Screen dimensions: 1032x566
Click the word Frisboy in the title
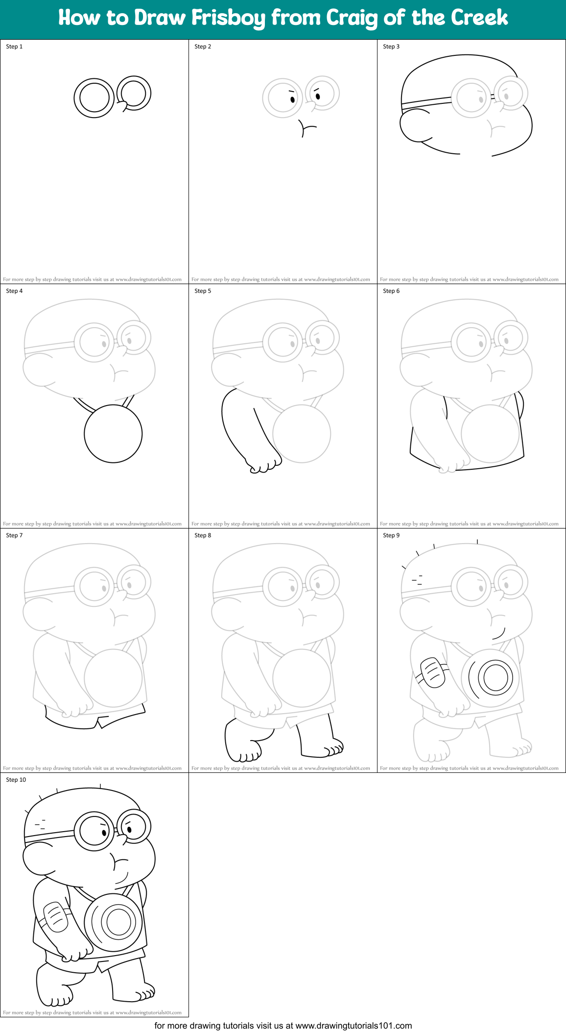tap(228, 18)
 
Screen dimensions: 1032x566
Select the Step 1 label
tap(14, 47)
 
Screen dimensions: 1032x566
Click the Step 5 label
tap(203, 291)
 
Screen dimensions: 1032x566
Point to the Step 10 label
tap(16, 780)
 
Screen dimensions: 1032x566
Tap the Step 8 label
tap(203, 535)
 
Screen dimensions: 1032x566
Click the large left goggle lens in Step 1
tap(94, 97)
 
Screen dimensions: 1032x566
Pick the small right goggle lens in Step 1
tap(134, 93)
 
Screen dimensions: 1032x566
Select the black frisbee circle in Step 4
tap(113, 433)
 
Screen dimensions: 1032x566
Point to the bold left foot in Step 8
tap(241, 742)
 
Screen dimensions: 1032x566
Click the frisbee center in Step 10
tap(118, 922)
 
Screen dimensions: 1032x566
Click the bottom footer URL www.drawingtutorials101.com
tap(354, 1026)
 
